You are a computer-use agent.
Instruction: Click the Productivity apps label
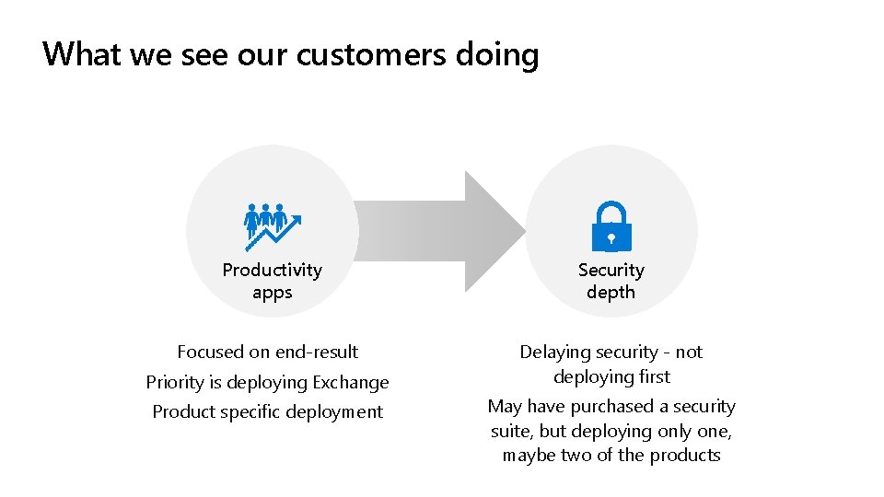273,281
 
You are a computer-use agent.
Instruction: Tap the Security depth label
611,281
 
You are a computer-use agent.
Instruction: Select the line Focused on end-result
268,352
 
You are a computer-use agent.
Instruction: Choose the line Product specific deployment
268,411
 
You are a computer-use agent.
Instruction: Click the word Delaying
554,353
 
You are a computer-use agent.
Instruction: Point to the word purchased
609,407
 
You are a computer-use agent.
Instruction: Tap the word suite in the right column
509,431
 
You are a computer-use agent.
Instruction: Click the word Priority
175,382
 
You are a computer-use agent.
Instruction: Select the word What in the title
81,55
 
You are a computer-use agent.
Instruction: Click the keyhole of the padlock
611,237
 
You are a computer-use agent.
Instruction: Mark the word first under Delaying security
652,376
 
